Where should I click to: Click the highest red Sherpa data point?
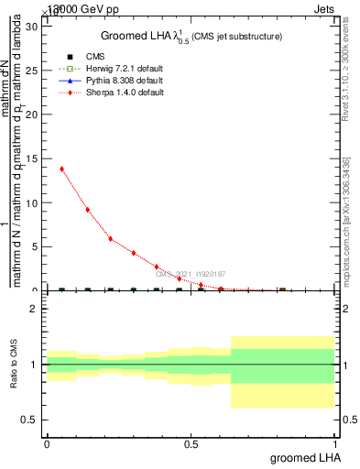pos(61,169)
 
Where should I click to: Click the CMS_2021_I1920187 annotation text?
pos(190,274)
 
